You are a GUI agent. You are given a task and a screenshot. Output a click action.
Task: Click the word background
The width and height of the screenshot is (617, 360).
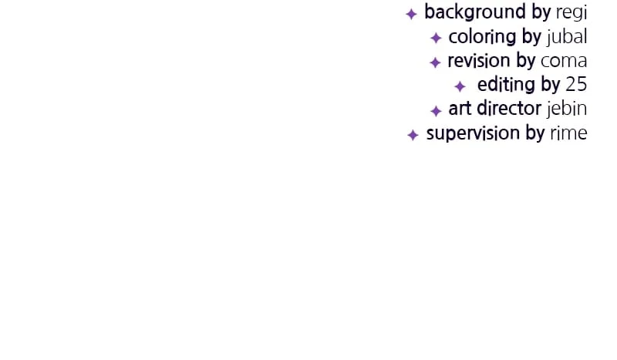coord(475,12)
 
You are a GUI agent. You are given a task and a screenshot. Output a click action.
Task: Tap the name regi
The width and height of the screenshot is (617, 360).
coord(571,12)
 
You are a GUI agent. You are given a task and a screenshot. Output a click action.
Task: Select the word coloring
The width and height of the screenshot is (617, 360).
coord(483,37)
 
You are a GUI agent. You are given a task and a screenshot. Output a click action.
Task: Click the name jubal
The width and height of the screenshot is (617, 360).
coord(567,36)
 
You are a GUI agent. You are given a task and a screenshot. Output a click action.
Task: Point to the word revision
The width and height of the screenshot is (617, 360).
coord(479,61)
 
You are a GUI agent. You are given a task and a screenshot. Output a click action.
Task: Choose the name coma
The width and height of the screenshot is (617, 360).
coord(564,62)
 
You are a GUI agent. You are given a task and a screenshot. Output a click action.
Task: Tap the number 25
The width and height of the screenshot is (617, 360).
coord(576,84)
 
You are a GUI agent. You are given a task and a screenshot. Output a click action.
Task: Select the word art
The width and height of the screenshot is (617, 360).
coord(460,109)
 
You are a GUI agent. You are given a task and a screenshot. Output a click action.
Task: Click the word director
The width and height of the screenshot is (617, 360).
coord(509,108)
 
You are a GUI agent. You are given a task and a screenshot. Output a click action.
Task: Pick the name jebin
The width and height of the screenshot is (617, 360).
coord(567,109)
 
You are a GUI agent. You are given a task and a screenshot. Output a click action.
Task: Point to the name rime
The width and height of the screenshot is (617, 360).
coord(568,133)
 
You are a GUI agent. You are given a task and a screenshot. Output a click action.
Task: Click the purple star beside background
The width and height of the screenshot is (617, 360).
coord(411,14)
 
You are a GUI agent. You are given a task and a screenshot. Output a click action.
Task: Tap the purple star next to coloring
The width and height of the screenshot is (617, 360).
coord(436,38)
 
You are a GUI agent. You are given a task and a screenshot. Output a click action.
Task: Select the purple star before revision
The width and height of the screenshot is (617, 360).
coord(435,62)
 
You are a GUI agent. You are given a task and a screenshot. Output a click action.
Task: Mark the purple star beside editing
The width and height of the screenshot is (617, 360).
coord(460,86)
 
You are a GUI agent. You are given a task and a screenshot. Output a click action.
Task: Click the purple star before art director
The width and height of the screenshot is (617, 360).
coord(436,111)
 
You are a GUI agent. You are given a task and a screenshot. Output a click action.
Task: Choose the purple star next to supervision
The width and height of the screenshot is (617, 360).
coord(413,135)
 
